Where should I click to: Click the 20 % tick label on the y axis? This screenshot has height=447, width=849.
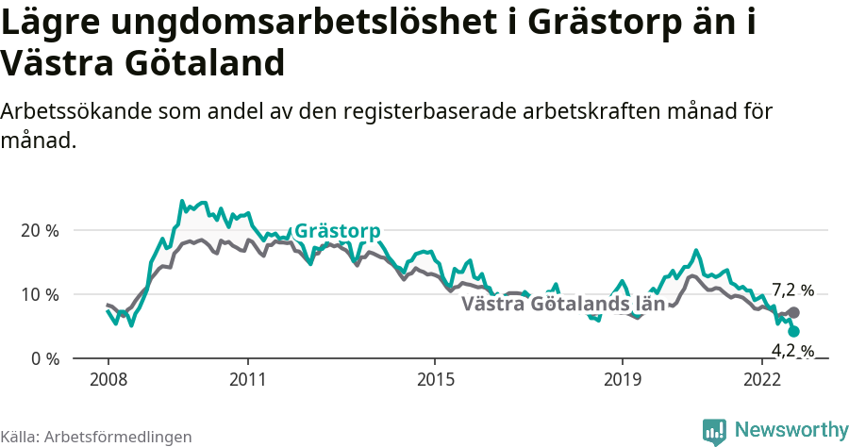(40, 230)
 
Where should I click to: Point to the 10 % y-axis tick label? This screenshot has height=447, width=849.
(40, 294)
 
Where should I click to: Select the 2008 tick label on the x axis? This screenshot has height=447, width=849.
(108, 379)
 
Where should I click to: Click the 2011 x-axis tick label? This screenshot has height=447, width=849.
(247, 379)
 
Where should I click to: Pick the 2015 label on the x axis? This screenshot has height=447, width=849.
(434, 379)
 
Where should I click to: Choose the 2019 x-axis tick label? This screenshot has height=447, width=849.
(622, 379)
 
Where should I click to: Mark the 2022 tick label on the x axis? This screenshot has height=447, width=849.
(762, 379)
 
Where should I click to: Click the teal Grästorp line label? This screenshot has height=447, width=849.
(338, 231)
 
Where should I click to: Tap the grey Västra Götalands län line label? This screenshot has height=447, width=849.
(563, 304)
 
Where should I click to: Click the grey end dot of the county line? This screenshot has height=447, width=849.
(793, 312)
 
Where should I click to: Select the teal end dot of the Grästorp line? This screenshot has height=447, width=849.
(793, 331)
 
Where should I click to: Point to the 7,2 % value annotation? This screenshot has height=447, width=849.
(792, 290)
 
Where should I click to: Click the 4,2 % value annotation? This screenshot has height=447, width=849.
(792, 351)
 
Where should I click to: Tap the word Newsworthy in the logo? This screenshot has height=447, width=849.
(791, 430)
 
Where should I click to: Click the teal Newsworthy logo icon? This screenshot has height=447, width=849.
(714, 431)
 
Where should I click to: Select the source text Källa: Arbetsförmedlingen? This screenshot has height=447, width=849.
(96, 437)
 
